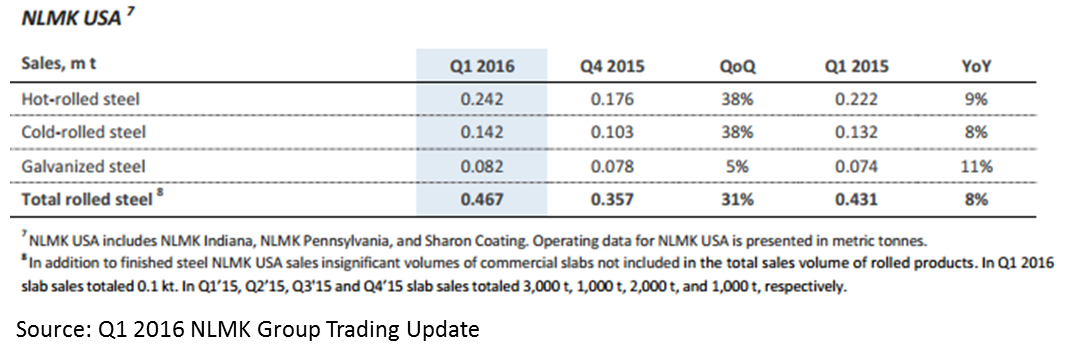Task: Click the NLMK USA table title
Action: tap(71, 17)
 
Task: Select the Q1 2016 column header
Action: tap(481, 67)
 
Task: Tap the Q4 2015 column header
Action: tap(612, 67)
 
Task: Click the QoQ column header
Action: tap(737, 67)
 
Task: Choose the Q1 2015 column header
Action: tap(857, 67)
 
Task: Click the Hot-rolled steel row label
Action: tap(79, 99)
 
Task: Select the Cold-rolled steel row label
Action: tap(83, 132)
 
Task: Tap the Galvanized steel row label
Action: tap(82, 166)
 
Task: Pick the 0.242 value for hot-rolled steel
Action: tap(481, 99)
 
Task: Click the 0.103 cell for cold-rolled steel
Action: tap(612, 132)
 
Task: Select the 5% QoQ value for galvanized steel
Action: tap(737, 166)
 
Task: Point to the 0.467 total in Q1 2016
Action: tap(481, 200)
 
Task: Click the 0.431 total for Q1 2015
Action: tap(857, 200)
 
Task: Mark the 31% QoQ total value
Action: tap(737, 200)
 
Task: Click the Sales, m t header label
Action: tap(59, 67)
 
